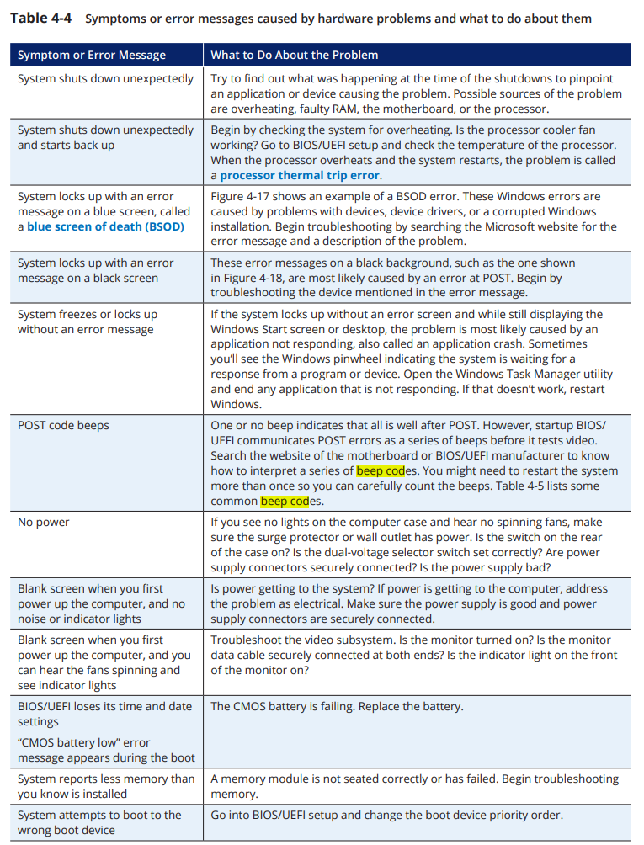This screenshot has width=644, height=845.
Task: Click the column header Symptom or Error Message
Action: coord(92,56)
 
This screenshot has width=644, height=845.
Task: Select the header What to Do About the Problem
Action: coord(294,56)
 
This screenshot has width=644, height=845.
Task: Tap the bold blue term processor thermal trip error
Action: coord(300,175)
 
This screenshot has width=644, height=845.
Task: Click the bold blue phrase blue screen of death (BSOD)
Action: coord(105,226)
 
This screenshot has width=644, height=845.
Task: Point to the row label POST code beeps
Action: coord(63,426)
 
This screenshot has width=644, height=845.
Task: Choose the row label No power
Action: coord(44,523)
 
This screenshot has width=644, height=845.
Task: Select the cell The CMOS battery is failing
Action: coord(337,707)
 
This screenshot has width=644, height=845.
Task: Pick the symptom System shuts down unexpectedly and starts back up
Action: coord(105,137)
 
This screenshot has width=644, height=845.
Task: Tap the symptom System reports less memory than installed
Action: coord(105,786)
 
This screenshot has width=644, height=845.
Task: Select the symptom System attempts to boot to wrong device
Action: coord(99,822)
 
